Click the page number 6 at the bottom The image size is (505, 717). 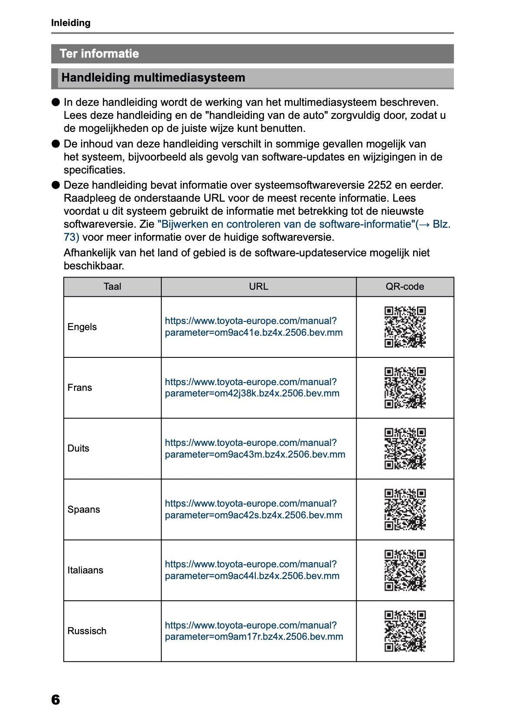(x=55, y=700)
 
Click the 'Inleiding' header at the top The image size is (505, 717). (x=71, y=23)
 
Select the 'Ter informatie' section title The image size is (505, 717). (x=99, y=54)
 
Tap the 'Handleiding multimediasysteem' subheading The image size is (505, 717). (x=153, y=78)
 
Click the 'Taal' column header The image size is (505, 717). (x=112, y=287)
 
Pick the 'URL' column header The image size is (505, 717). (x=258, y=287)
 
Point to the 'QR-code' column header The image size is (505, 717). (x=404, y=287)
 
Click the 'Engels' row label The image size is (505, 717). (x=82, y=327)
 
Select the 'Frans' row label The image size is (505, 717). (x=80, y=388)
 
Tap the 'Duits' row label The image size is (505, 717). (x=78, y=449)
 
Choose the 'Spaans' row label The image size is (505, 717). (x=84, y=509)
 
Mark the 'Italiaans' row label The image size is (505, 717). (x=85, y=570)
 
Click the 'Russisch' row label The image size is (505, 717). (x=87, y=631)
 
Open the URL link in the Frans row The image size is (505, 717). (x=252, y=388)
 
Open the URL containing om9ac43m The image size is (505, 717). (x=255, y=449)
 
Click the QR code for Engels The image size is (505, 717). (x=405, y=327)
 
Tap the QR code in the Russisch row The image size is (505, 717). (x=405, y=631)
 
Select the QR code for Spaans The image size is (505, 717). (x=405, y=509)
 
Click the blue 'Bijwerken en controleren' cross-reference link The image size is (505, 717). (x=286, y=224)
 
